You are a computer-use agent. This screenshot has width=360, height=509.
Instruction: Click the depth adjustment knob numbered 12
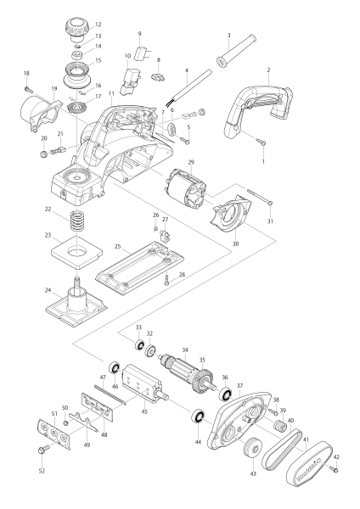[77, 29]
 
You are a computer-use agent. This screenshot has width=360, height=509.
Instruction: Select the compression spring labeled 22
[77, 221]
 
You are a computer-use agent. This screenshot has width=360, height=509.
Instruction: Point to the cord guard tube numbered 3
[236, 51]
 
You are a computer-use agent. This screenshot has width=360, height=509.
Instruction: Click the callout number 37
[239, 386]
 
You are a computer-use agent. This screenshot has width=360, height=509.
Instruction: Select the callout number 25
[118, 246]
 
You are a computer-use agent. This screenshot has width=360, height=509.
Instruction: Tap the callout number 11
[112, 93]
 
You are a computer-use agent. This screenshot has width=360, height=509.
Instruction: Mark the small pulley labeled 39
[279, 424]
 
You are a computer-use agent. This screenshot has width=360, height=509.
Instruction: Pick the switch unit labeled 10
[131, 81]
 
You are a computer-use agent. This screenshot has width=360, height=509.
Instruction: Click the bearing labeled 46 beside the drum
[115, 368]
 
